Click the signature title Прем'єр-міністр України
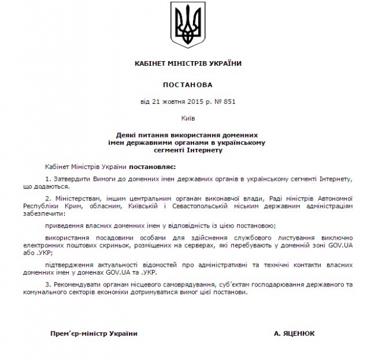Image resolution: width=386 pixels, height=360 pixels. pos(94,333)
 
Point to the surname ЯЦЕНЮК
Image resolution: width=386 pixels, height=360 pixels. pos(303,333)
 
